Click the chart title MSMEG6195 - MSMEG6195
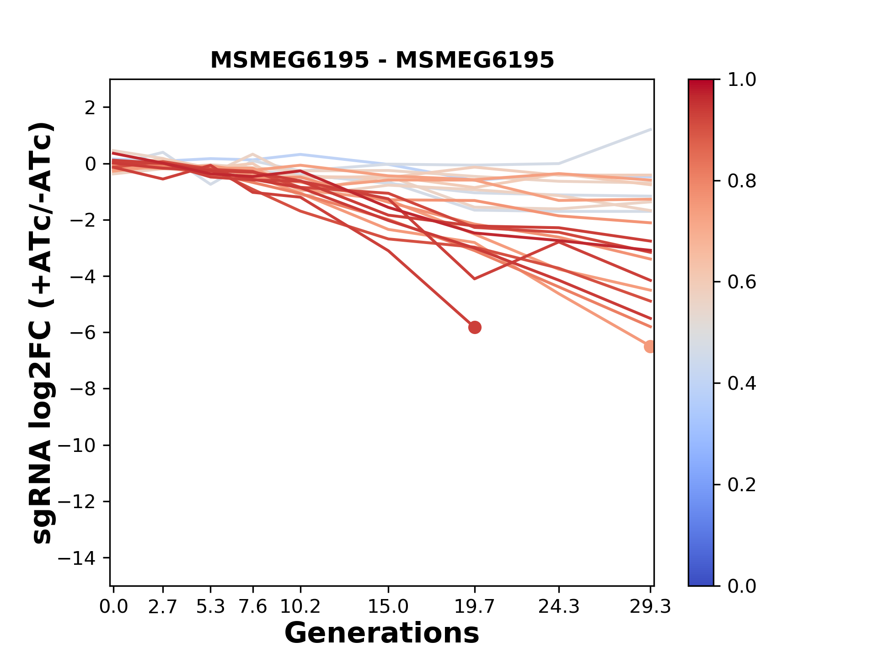(x=382, y=60)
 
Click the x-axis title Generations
(x=382, y=633)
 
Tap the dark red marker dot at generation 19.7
(x=475, y=327)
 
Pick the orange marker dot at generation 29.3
(x=650, y=346)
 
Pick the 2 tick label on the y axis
(x=91, y=108)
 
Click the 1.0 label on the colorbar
(x=742, y=80)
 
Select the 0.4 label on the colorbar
(x=742, y=383)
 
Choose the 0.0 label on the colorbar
(x=742, y=586)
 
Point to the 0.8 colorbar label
(x=742, y=181)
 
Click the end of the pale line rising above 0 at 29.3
(x=650, y=130)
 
